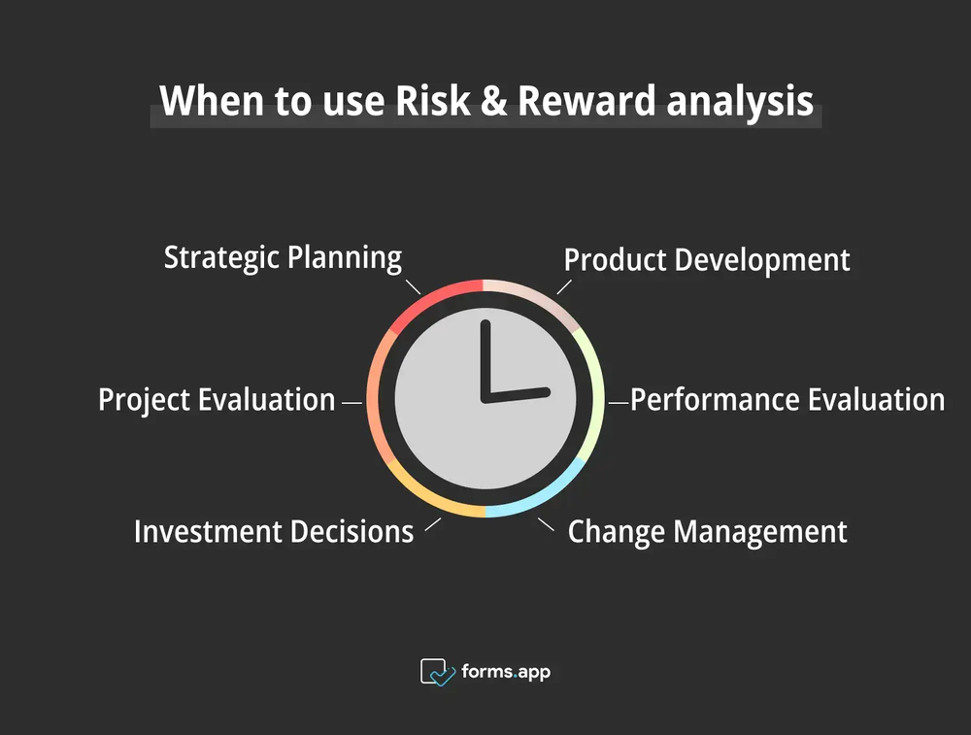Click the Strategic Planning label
click(283, 257)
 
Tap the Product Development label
click(707, 260)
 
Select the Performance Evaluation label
click(787, 400)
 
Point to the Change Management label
click(707, 532)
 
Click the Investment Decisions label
click(274, 532)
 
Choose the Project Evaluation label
click(217, 400)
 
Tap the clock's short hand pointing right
click(519, 393)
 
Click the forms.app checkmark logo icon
click(436, 671)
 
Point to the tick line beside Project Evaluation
click(352, 400)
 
